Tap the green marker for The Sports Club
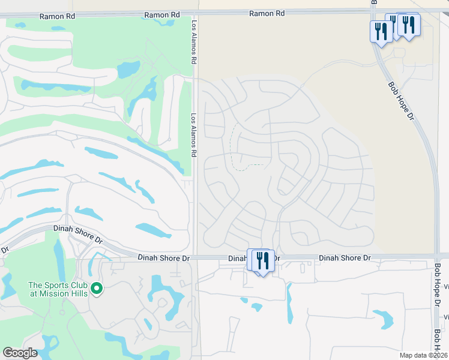pos(97,289)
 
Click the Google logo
pos(20,353)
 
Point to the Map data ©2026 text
pos(423,355)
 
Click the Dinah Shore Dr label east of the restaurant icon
pos(345,258)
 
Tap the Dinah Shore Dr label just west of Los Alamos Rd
pos(164,258)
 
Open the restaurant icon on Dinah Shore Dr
pos(262,260)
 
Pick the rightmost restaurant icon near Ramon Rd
pos(409,26)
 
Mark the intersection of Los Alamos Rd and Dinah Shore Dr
pos(196,257)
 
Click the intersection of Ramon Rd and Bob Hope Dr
pos(373,11)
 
